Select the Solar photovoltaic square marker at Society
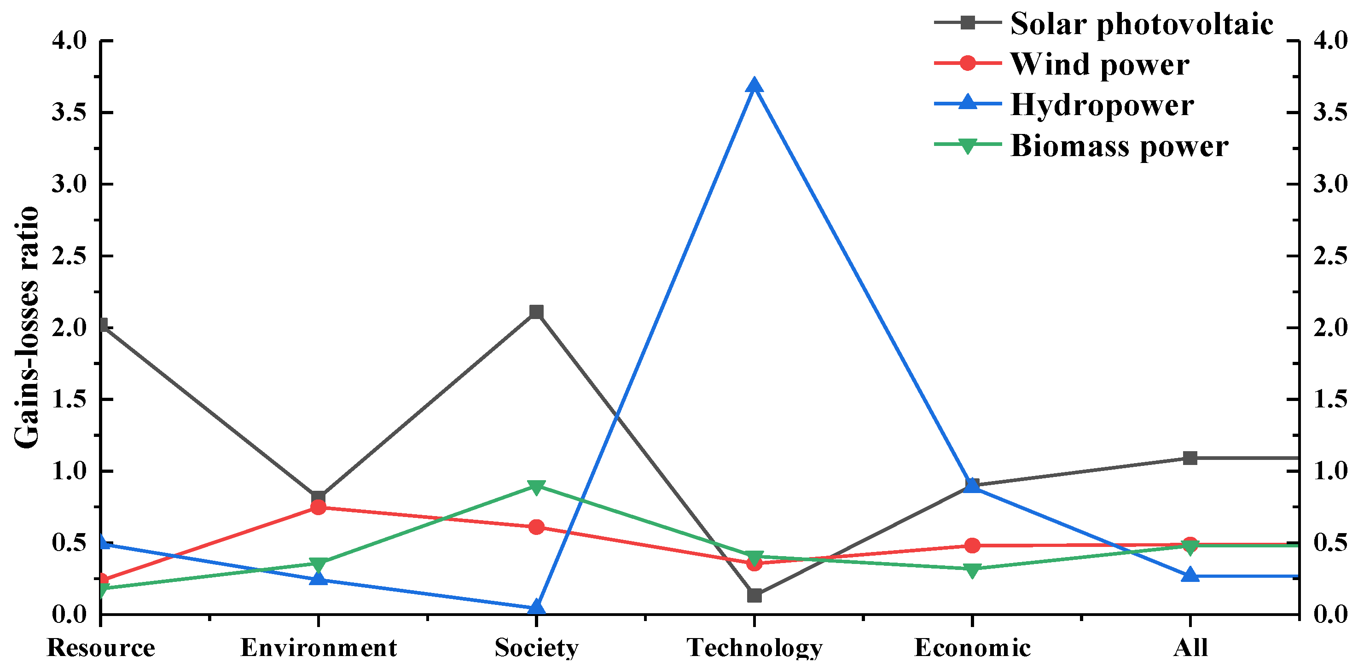coord(536,312)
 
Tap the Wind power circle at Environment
coord(318,507)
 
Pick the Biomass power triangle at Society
coord(536,487)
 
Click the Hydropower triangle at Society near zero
coord(536,607)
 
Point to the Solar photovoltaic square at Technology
coord(754,596)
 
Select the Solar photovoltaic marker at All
coord(1190,458)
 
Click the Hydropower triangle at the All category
coord(1190,575)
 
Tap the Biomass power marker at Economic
coord(973,570)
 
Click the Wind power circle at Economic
coord(973,545)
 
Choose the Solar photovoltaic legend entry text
coord(1141,24)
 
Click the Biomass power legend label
coord(1119,146)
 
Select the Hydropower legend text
coord(1102,105)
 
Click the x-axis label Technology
coord(754,648)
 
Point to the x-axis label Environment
coord(318,648)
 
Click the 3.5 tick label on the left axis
coord(69,112)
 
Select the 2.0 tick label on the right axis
coord(1329,327)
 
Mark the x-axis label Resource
coord(101,648)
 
